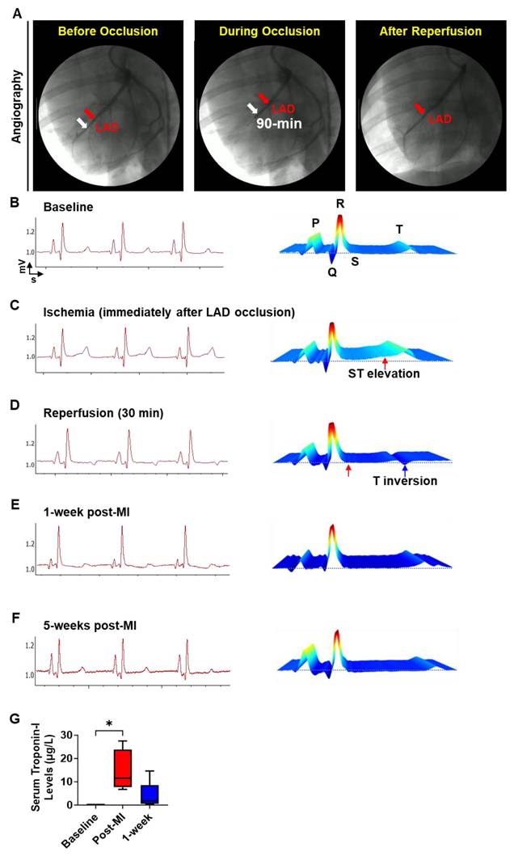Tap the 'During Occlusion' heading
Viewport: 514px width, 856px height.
[268, 32]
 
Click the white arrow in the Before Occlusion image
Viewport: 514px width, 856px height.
[81, 122]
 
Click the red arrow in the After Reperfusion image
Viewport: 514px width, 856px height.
[419, 108]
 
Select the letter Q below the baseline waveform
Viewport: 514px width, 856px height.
[333, 272]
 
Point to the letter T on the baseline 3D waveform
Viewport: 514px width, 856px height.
[399, 230]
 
